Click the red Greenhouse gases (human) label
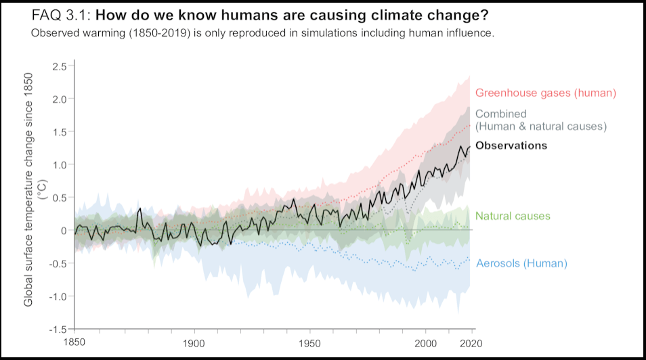pyautogui.click(x=545, y=93)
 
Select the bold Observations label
pyautogui.click(x=511, y=145)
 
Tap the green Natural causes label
pyautogui.click(x=513, y=217)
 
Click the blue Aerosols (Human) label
pyautogui.click(x=521, y=263)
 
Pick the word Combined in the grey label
pyautogui.click(x=500, y=114)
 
